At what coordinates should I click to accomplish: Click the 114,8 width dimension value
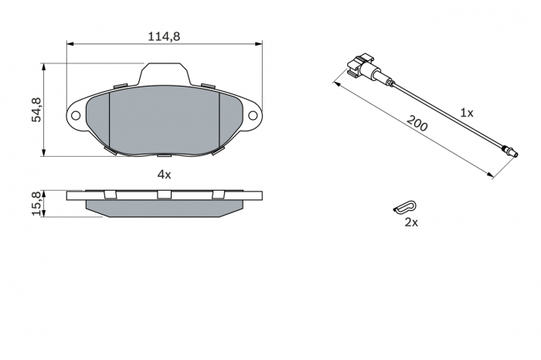164,36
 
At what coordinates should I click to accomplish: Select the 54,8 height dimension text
36,110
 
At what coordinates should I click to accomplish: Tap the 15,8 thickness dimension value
36,204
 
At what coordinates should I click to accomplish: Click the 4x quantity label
164,175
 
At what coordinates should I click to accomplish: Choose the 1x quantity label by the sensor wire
466,112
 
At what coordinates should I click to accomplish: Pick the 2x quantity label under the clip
411,222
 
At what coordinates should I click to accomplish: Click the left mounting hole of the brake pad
76,116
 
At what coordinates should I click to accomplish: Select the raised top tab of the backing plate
164,75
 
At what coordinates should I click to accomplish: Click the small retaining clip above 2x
404,207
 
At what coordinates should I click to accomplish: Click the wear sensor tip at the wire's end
507,151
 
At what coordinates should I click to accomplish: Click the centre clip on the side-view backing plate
164,194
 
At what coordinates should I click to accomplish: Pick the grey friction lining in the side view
164,209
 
